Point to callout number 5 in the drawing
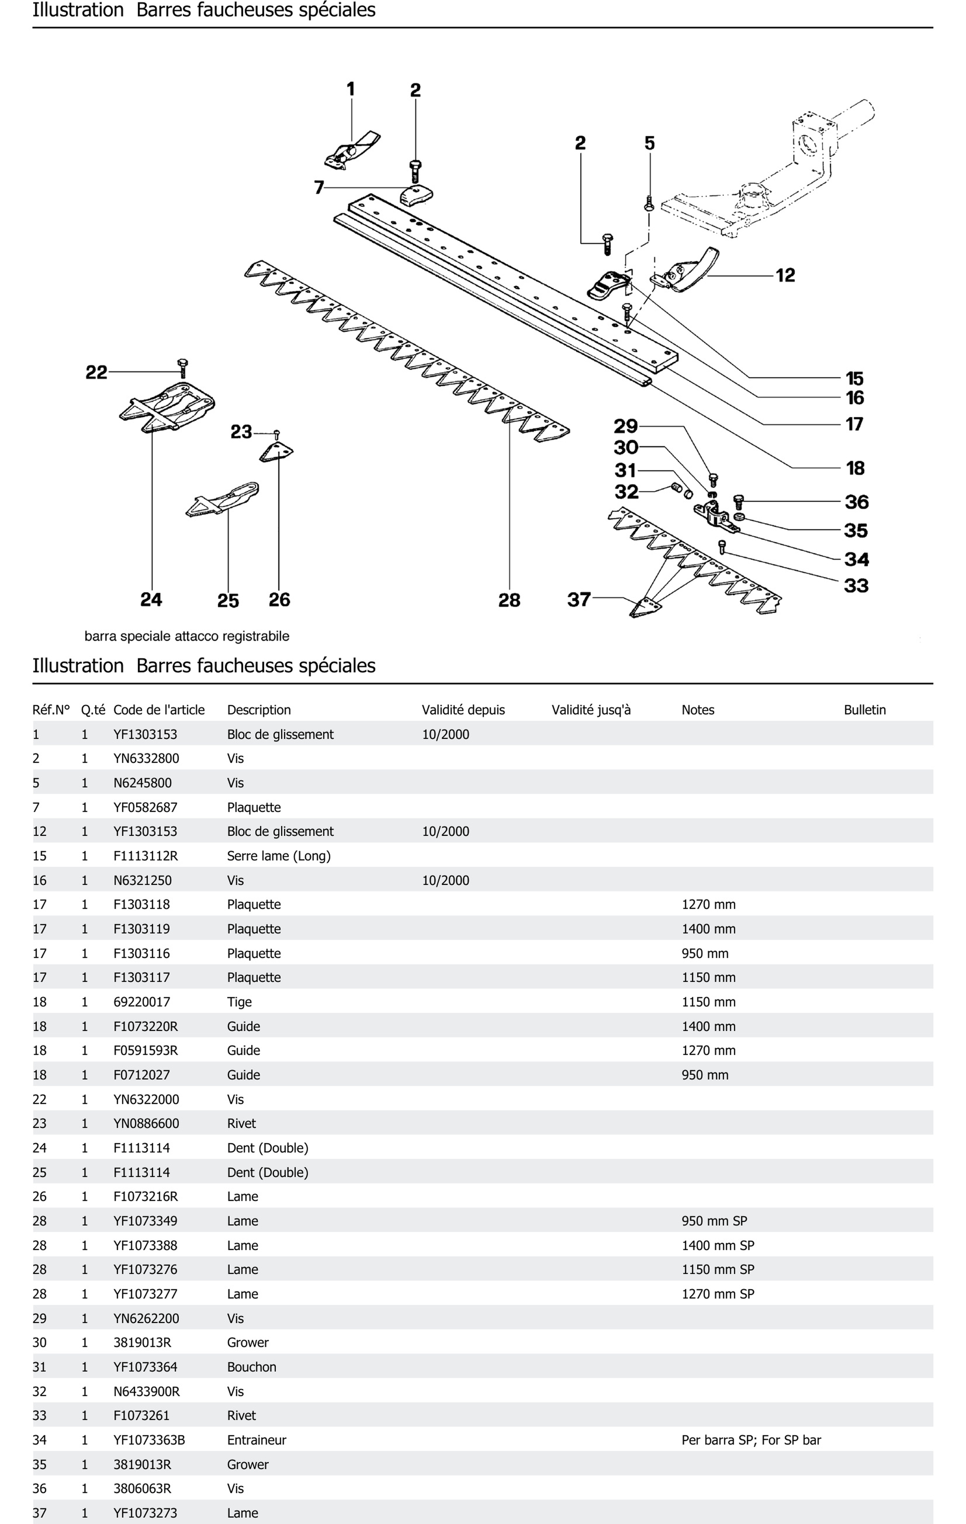pyautogui.click(x=650, y=144)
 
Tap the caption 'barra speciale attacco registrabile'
pyautogui.click(x=187, y=636)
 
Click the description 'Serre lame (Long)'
pyautogui.click(x=278, y=856)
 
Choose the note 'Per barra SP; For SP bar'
pyautogui.click(x=751, y=1440)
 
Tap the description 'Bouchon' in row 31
pyautogui.click(x=251, y=1367)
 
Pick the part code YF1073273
pyautogui.click(x=145, y=1513)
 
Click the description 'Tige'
pyautogui.click(x=239, y=1002)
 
